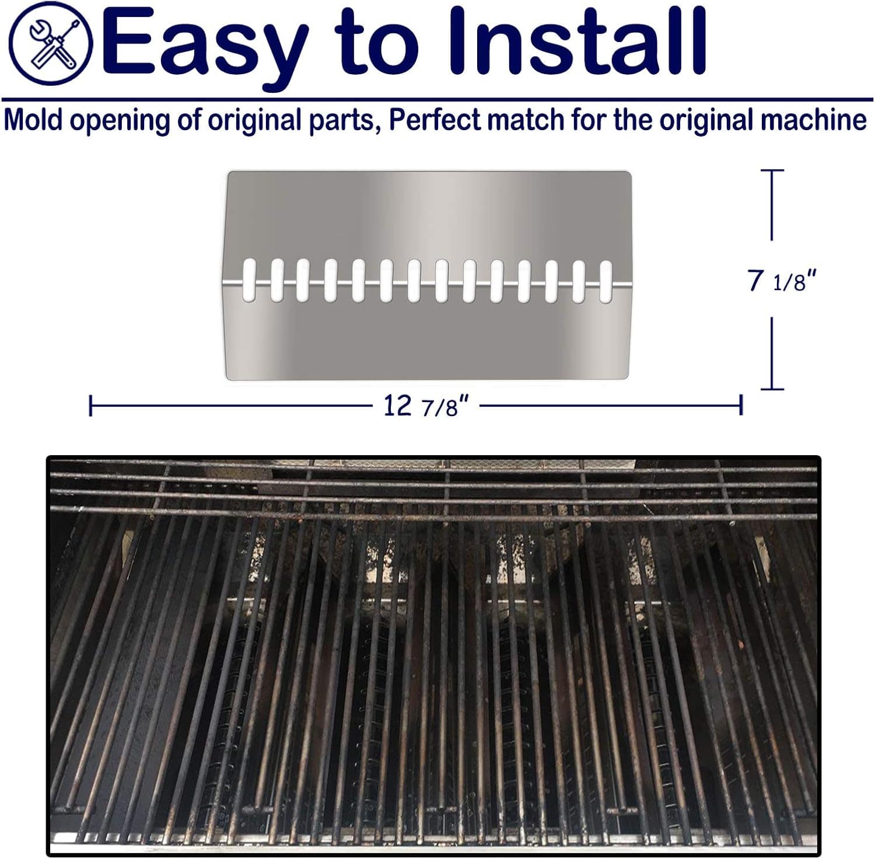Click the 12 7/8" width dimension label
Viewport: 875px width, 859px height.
[426, 406]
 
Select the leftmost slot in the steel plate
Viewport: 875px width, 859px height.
[249, 280]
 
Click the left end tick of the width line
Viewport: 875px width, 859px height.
[90, 405]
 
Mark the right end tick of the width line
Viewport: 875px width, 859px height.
[741, 404]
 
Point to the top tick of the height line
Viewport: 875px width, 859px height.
[772, 170]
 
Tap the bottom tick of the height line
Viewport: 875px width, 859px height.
[772, 389]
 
